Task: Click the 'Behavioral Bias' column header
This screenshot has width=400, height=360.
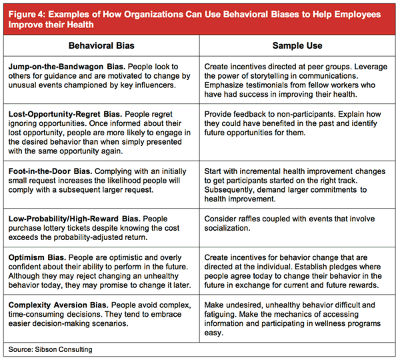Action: [101, 46]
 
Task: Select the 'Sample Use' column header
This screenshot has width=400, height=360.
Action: [297, 46]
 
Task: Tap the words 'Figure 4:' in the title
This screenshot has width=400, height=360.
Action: [27, 14]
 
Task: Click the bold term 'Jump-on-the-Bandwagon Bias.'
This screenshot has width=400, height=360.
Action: [67, 67]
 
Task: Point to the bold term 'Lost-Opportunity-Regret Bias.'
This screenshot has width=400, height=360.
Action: [65, 114]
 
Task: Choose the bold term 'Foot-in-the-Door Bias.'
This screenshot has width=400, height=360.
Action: [50, 171]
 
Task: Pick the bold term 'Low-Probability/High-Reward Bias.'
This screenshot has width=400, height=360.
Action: [74, 219]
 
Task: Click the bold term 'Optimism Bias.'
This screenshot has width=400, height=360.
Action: [37, 257]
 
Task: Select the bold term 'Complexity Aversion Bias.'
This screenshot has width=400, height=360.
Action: [59, 305]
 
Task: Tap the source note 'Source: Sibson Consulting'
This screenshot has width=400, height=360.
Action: [50, 349]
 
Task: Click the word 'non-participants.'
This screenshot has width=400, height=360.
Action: [306, 114]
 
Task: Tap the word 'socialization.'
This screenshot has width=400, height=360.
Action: [227, 228]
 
